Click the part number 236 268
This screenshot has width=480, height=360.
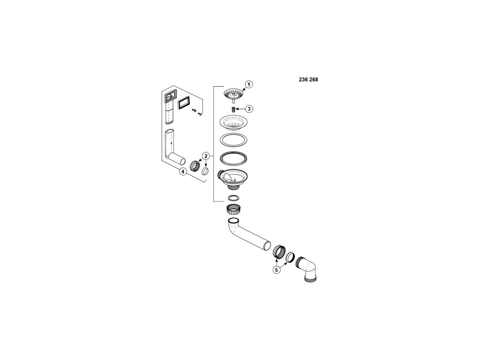(x=308, y=80)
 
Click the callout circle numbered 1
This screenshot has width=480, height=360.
(x=249, y=84)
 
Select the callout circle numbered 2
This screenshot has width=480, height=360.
(x=205, y=156)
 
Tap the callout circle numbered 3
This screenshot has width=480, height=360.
(x=249, y=109)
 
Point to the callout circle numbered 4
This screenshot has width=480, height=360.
(x=183, y=172)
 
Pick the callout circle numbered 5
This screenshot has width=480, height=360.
(x=277, y=270)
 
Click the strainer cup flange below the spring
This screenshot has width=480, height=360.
(x=233, y=123)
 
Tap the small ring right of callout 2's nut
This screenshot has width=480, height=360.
(x=205, y=172)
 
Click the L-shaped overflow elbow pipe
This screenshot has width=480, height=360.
(x=174, y=150)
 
